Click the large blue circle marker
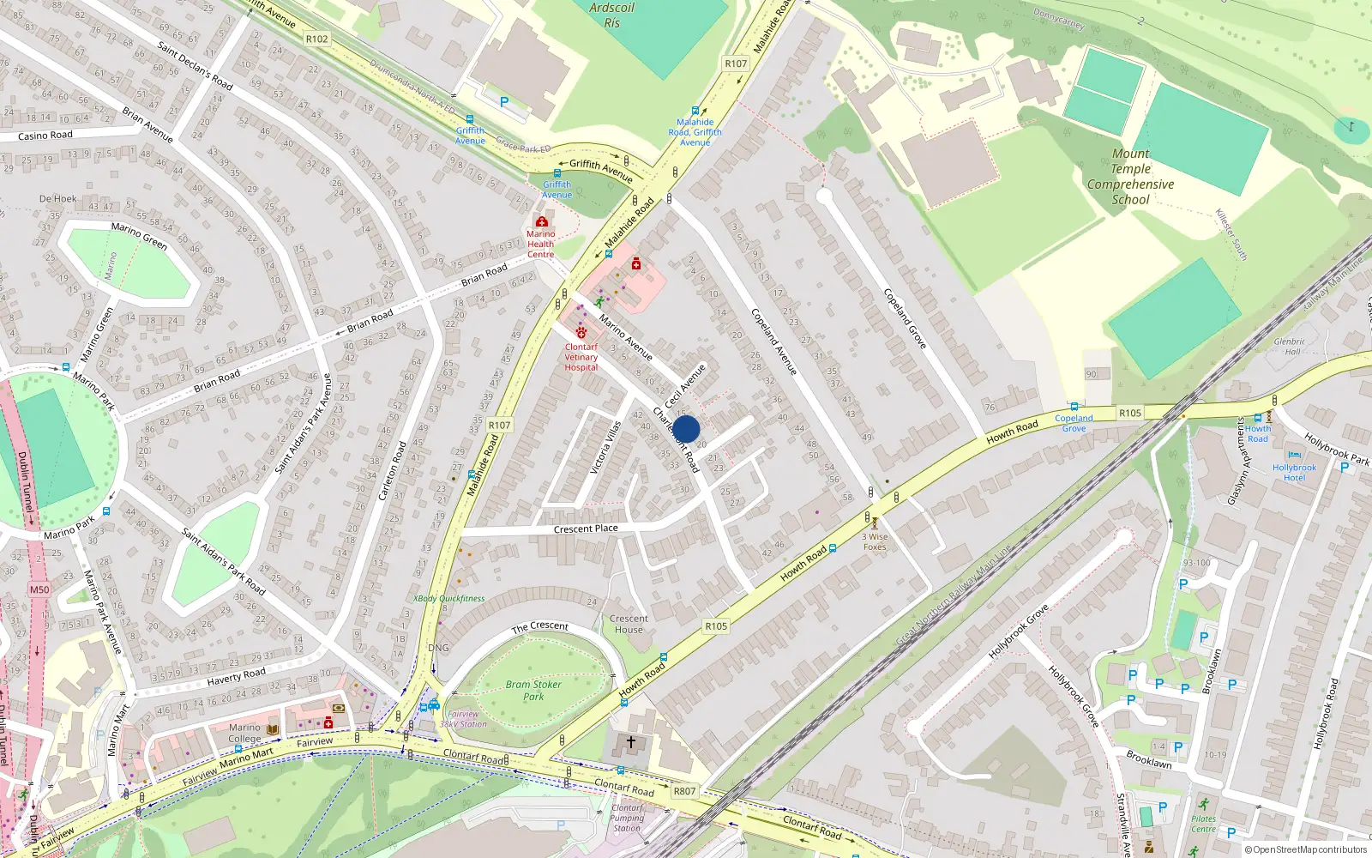click(x=686, y=429)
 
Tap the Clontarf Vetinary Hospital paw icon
click(x=581, y=332)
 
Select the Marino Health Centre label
click(x=540, y=244)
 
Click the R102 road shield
click(x=316, y=39)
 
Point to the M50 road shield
click(x=39, y=589)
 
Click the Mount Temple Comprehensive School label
click(x=1130, y=177)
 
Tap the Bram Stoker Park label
click(x=533, y=690)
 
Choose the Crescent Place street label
click(x=586, y=529)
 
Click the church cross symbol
click(x=631, y=742)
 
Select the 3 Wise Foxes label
click(x=875, y=541)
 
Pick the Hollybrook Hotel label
click(x=1294, y=472)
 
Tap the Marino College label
click(x=244, y=733)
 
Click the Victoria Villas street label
click(x=605, y=447)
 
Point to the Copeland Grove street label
click(x=905, y=318)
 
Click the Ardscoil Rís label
click(x=611, y=15)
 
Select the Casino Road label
click(x=45, y=136)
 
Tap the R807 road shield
click(x=684, y=791)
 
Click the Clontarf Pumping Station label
click(x=627, y=818)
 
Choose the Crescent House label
click(x=629, y=624)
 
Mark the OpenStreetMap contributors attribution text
click(x=1306, y=849)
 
